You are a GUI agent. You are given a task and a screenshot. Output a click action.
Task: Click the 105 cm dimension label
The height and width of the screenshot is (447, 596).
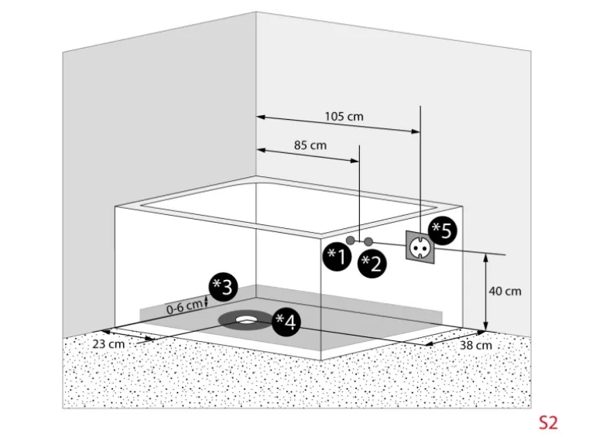[x=344, y=117]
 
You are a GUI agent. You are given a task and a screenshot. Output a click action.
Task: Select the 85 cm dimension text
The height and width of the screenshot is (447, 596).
[x=310, y=145]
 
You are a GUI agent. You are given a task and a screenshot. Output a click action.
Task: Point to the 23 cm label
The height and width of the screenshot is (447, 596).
[x=108, y=343]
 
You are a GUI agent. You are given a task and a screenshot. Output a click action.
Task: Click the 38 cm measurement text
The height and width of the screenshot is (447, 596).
[x=475, y=345]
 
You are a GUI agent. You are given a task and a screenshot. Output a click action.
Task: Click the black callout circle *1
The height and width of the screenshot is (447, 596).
[x=337, y=256]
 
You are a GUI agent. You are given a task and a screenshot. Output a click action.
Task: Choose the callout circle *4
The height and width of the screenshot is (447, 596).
[x=284, y=321]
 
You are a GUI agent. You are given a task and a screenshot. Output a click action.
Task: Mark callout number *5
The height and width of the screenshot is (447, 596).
[x=443, y=230]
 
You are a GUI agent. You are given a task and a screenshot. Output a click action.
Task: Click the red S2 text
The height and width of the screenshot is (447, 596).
[x=548, y=422]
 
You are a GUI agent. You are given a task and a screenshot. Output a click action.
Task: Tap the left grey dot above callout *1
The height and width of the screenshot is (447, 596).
[x=351, y=241]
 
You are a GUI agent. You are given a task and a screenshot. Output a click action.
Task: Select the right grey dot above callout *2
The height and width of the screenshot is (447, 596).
[x=368, y=241]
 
